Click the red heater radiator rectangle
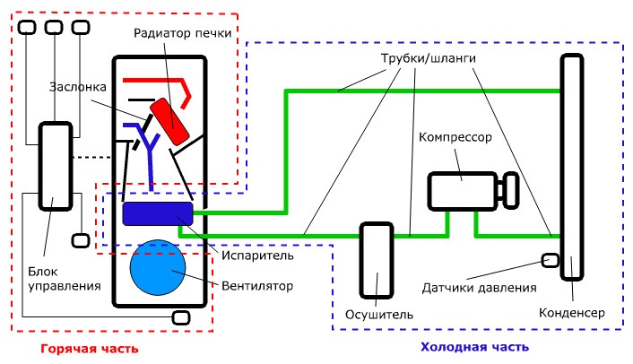click(169, 121)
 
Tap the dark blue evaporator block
click(158, 213)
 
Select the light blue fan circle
click(158, 267)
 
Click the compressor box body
click(463, 191)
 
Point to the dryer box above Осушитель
click(377, 260)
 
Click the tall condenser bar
click(572, 167)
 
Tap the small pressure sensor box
click(551, 260)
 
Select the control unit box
click(56, 166)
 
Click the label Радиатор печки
click(183, 33)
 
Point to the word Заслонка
click(78, 87)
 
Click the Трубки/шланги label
click(429, 58)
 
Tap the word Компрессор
click(455, 137)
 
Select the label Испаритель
click(257, 256)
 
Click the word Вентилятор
click(257, 286)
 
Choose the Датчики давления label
click(479, 288)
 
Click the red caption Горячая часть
click(90, 349)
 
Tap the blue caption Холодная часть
click(475, 347)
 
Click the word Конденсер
click(572, 313)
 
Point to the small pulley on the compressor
click(511, 190)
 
